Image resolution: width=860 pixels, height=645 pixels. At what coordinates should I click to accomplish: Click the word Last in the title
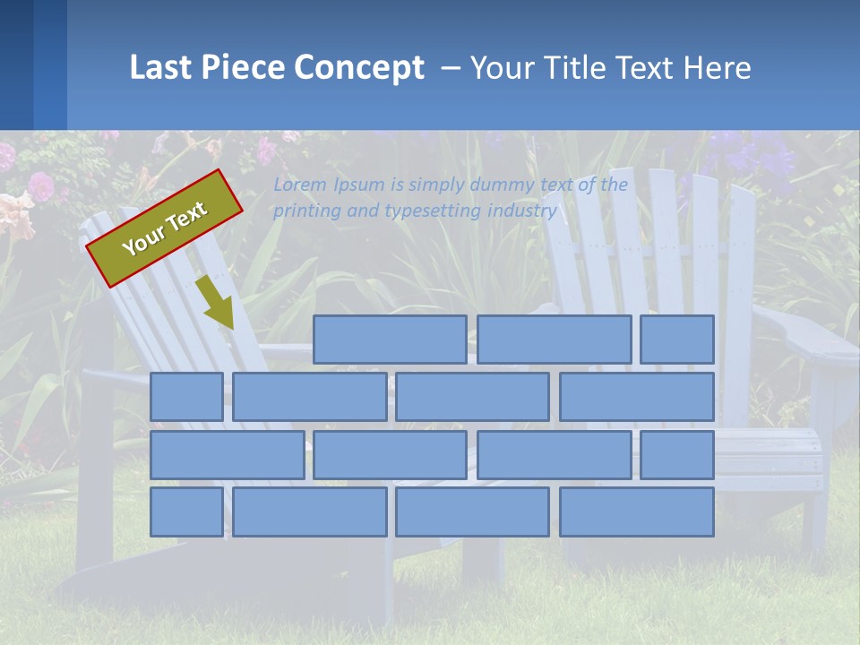pos(161,68)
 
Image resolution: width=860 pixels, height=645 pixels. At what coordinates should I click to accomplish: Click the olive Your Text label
pos(165,228)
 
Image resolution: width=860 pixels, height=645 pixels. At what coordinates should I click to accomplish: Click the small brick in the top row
pos(677,340)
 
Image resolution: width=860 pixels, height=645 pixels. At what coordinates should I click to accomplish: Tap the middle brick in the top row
pos(554,340)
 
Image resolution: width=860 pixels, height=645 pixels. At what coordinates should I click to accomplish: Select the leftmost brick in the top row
pos(390,340)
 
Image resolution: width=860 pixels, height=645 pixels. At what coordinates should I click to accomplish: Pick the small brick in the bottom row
pos(186,512)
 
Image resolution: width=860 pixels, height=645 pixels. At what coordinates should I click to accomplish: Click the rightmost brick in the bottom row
pos(637,512)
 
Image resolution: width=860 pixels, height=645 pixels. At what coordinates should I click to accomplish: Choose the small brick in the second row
pos(186,397)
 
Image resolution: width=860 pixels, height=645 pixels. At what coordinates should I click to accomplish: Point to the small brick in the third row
pos(677,455)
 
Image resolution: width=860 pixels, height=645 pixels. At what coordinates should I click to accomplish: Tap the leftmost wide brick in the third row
pos(227,455)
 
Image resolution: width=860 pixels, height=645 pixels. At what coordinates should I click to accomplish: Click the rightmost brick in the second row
pos(637,397)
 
